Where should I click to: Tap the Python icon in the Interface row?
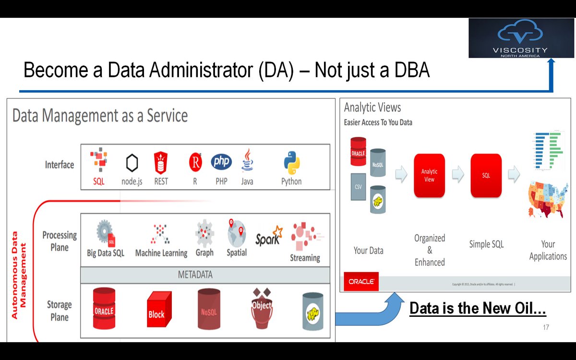point(291,163)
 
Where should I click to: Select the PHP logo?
point(221,162)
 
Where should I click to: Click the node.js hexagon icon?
point(132,163)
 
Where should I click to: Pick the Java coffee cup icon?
point(247,160)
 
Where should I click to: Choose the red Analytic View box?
point(429,176)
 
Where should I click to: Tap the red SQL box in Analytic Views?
point(486,176)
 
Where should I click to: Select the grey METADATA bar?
point(205,275)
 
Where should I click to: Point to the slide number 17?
point(546,327)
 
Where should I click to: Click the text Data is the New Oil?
point(478,309)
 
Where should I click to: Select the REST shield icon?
point(161,163)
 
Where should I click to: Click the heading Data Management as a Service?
point(100,116)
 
